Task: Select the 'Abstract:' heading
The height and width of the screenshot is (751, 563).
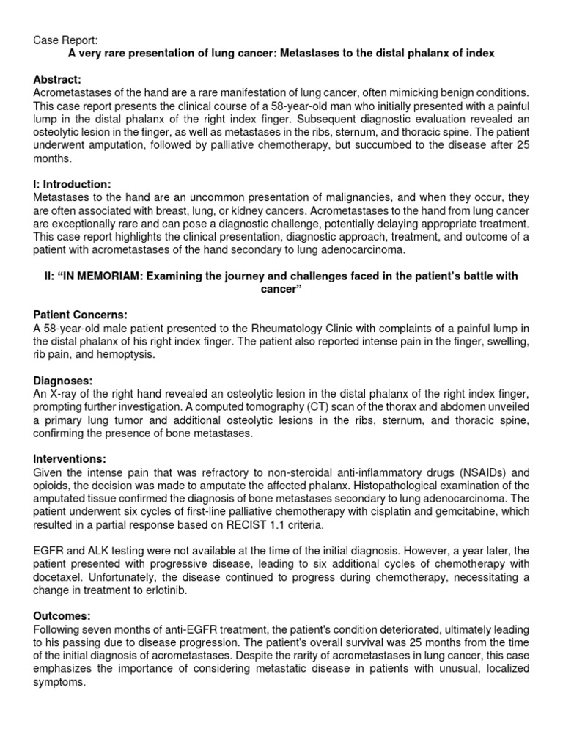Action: tap(57, 78)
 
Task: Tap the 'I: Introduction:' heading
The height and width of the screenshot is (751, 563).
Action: tap(73, 184)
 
